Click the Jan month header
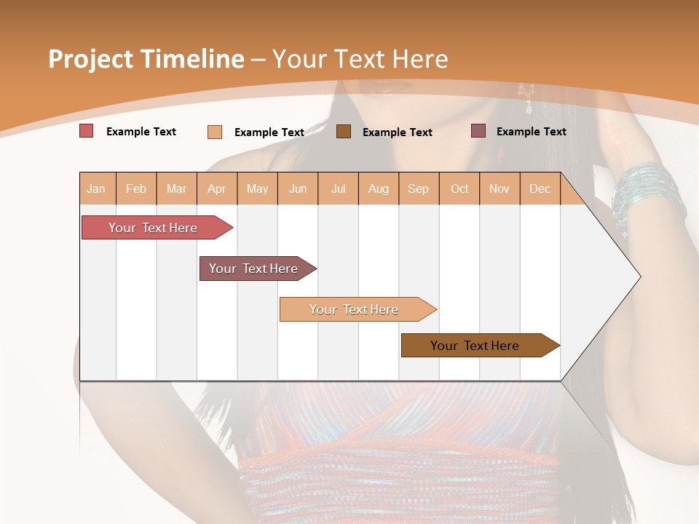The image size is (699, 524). point(97,188)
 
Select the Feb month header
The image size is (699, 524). point(136,188)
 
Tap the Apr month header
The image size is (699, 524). point(217,188)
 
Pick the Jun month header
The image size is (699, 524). point(298,188)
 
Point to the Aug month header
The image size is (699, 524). point(379,188)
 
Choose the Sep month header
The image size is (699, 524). point(419,188)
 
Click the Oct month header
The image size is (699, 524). point(459,188)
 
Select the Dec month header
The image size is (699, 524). point(540,188)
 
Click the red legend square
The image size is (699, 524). point(86,131)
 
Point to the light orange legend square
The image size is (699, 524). point(215,132)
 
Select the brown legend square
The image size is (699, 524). point(344,131)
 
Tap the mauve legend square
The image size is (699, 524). point(478,130)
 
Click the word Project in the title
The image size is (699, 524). point(90,59)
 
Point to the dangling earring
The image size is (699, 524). point(526,98)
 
